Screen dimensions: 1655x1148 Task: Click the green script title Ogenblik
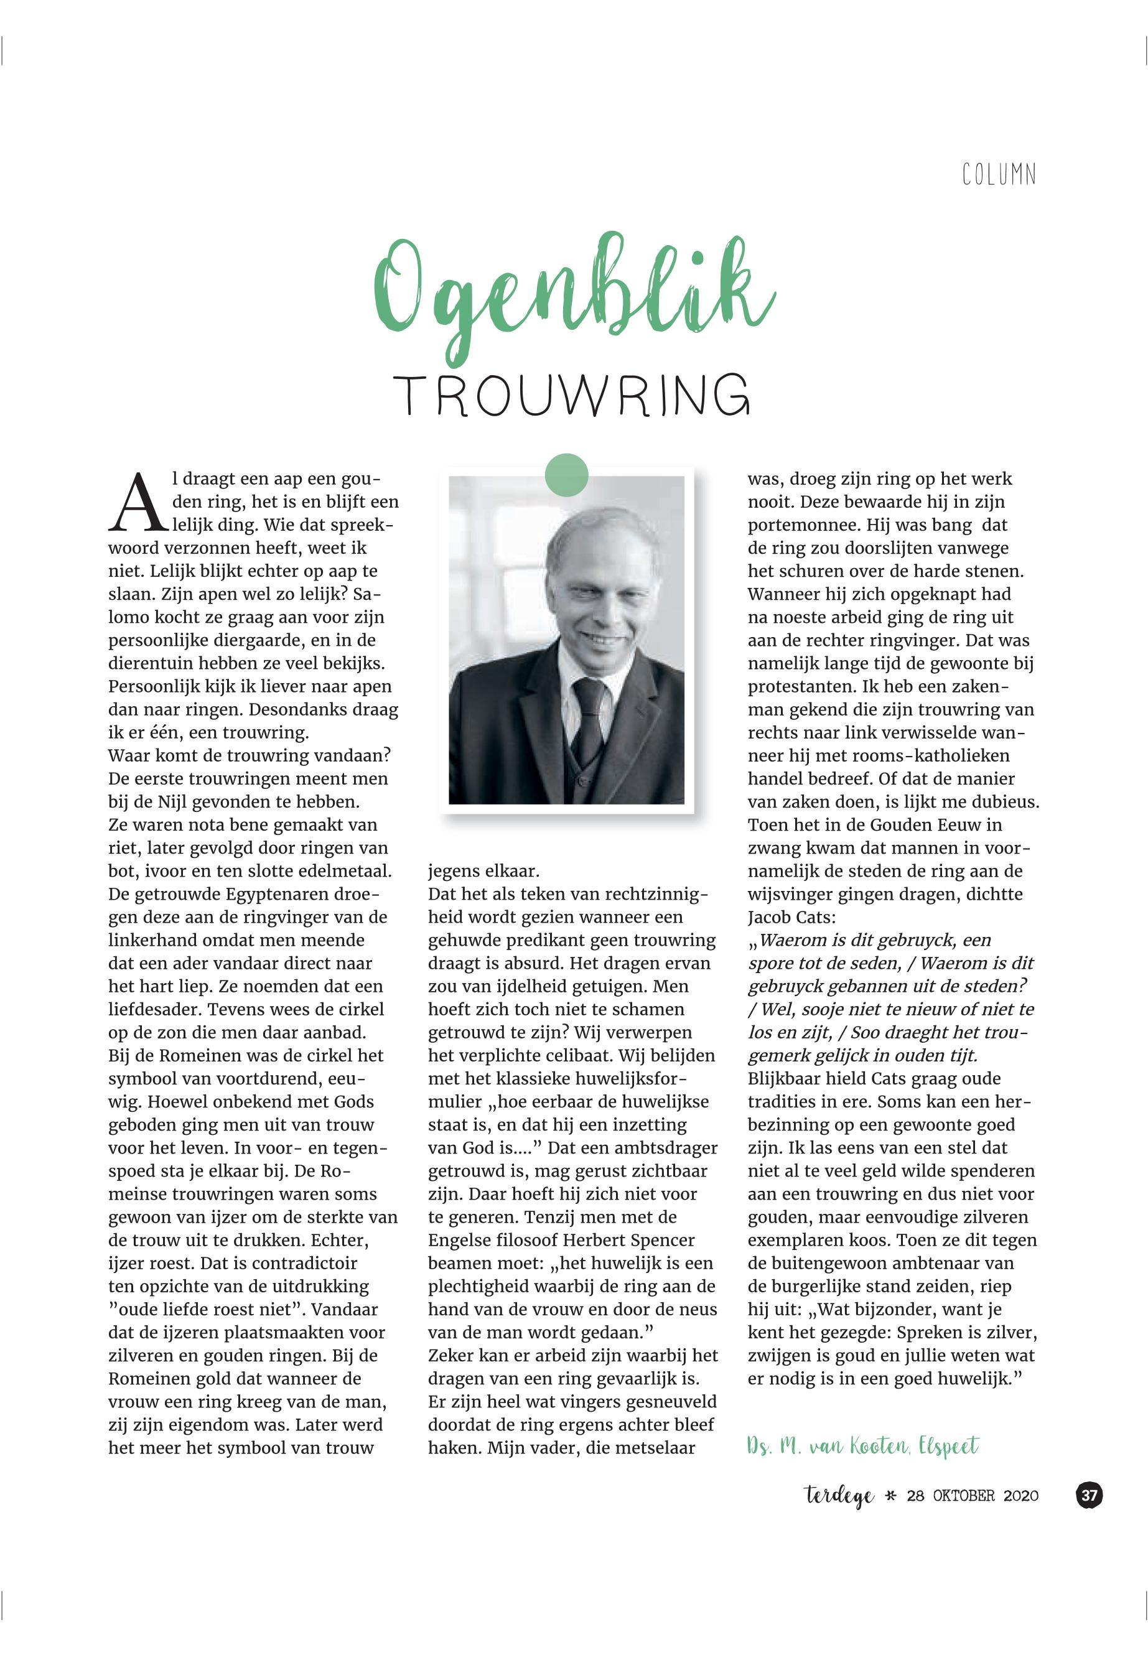pos(574,295)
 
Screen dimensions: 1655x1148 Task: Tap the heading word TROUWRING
pos(572,396)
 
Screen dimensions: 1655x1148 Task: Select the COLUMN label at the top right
pos(999,174)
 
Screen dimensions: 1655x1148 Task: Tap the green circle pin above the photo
pos(567,475)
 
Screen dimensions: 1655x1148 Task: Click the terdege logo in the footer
pos(839,1496)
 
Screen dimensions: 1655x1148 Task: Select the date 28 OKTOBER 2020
pos(973,1496)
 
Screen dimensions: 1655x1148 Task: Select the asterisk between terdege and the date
pos(890,1496)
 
